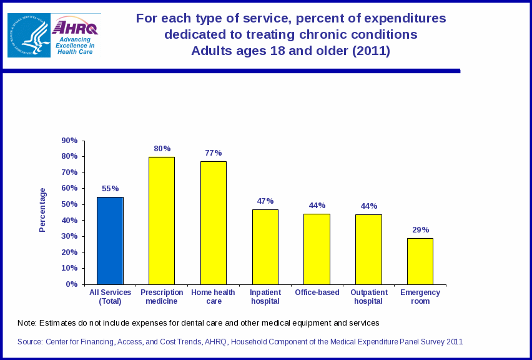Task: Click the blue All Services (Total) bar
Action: pyautogui.click(x=110, y=241)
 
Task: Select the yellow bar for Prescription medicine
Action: pyautogui.click(x=162, y=221)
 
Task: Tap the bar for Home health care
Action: pyautogui.click(x=214, y=223)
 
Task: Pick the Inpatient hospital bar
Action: pyautogui.click(x=265, y=247)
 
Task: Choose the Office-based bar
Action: pyautogui.click(x=317, y=249)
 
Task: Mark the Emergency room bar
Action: pyautogui.click(x=420, y=261)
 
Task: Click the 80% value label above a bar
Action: pyautogui.click(x=162, y=149)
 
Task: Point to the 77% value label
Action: pyautogui.click(x=214, y=153)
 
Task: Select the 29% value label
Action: pyautogui.click(x=420, y=230)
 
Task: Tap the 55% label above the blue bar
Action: pyautogui.click(x=111, y=189)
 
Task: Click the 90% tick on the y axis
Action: pyautogui.click(x=69, y=141)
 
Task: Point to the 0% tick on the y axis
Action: pyautogui.click(x=72, y=284)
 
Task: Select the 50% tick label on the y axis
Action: pyautogui.click(x=69, y=204)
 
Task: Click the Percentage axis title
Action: pyautogui.click(x=42, y=210)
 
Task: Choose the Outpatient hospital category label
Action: pyautogui.click(x=368, y=297)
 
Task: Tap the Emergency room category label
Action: pyautogui.click(x=420, y=297)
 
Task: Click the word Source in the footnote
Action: pyautogui.click(x=30, y=342)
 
